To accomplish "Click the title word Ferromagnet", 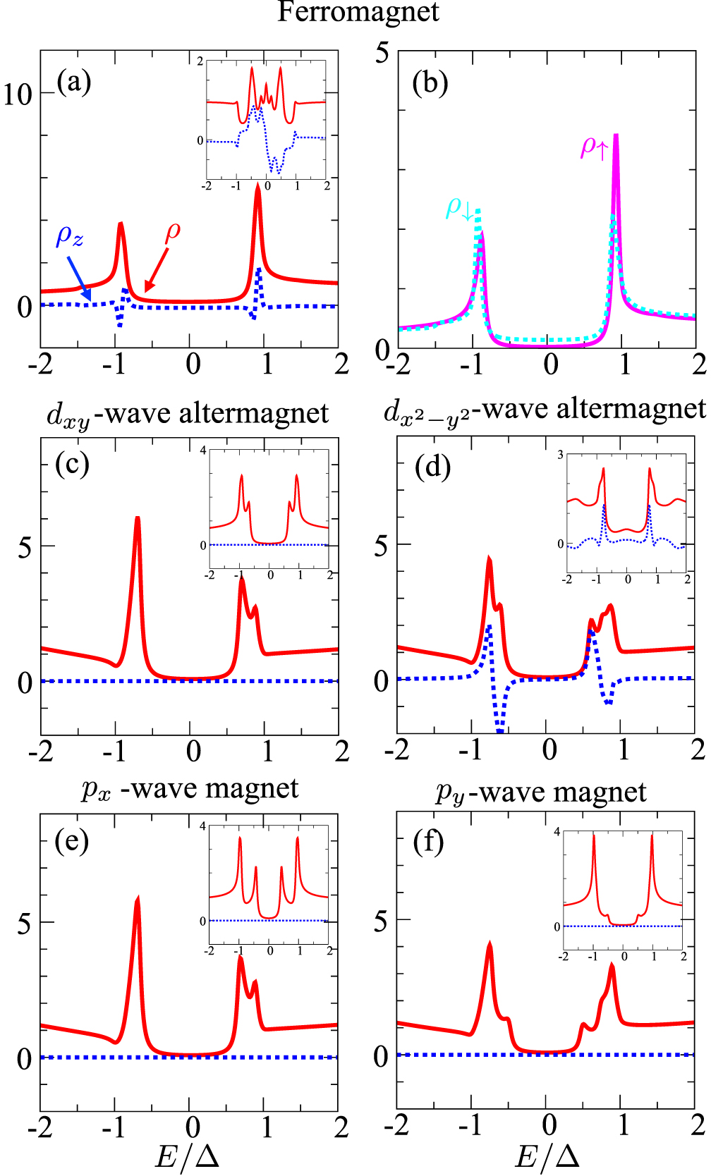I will pyautogui.click(x=358, y=13).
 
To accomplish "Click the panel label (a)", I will pyautogui.click(x=74, y=82).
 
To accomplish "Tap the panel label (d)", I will pyautogui.click(x=432, y=466).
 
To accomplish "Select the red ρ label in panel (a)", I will pyautogui.click(x=173, y=231).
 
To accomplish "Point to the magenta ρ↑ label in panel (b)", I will pyautogui.click(x=593, y=147).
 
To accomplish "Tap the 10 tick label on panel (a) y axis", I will pyautogui.click(x=18, y=94).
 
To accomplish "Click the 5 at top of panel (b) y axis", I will pyautogui.click(x=382, y=53).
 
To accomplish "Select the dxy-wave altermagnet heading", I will pyautogui.click(x=188, y=414).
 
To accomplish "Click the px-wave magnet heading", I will pyautogui.click(x=190, y=789).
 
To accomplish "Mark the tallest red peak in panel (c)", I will pyautogui.click(x=138, y=520).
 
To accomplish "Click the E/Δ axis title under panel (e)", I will pyautogui.click(x=188, y=1156).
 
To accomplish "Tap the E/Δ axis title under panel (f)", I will pyautogui.click(x=547, y=1156).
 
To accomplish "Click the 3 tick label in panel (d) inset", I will pyautogui.click(x=561, y=455).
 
